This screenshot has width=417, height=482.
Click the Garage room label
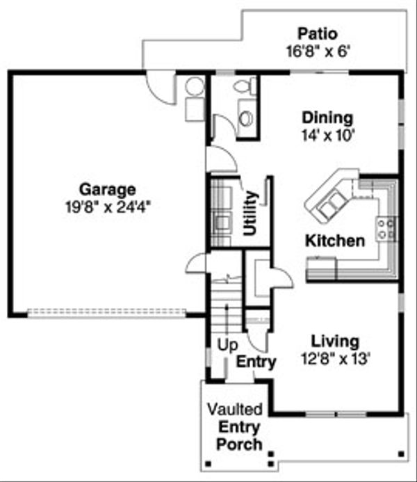click(x=106, y=189)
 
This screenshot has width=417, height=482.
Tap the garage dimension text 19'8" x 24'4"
click(x=106, y=205)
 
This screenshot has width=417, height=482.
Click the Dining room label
click(x=327, y=118)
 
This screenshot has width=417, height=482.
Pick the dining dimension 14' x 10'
click(x=327, y=135)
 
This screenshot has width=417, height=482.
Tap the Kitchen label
click(x=335, y=241)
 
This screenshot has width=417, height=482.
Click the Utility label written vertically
click(x=251, y=212)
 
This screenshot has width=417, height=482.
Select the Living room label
click(x=335, y=342)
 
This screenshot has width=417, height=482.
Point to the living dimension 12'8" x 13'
click(x=335, y=359)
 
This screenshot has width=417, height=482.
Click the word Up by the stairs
click(x=227, y=344)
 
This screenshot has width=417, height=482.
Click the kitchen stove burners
click(x=386, y=229)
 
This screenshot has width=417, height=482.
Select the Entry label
click(x=256, y=362)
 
